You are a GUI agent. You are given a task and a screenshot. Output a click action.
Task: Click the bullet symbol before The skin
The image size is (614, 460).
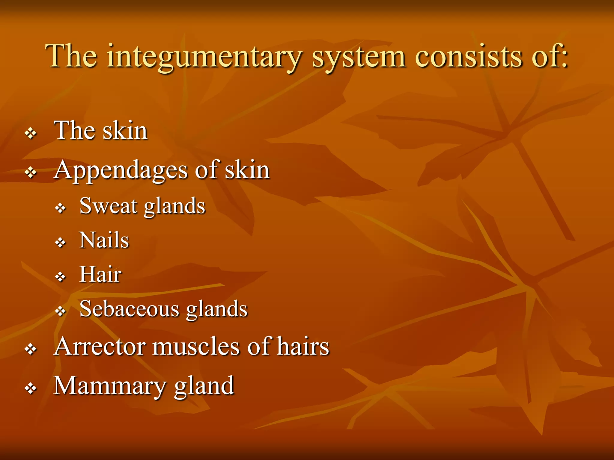click(x=31, y=133)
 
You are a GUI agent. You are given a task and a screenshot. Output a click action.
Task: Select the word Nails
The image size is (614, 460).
click(x=104, y=240)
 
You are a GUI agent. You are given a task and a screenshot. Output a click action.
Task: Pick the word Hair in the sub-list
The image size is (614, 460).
click(x=100, y=274)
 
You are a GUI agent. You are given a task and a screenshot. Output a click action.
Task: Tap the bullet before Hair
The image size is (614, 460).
click(x=61, y=277)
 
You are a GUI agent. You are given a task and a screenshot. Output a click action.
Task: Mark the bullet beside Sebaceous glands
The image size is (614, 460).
click(x=61, y=311)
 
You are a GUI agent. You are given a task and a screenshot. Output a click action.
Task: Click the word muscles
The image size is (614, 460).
click(x=196, y=346)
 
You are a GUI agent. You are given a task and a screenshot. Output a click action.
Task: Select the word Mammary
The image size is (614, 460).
click(x=110, y=386)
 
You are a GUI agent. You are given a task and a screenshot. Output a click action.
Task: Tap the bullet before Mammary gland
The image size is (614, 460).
click(x=31, y=389)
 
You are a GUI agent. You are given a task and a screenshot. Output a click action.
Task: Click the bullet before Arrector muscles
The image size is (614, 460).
click(x=31, y=349)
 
